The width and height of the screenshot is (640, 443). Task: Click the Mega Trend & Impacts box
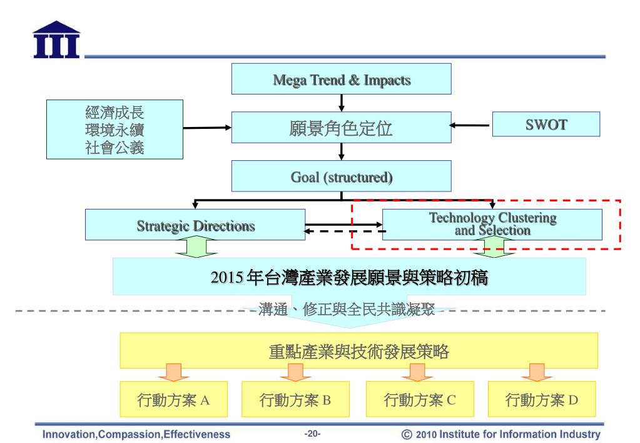coord(342,79)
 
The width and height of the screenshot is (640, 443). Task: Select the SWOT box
coord(546,124)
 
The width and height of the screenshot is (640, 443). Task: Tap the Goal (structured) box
coord(342,176)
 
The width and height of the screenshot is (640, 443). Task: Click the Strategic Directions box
coord(195,226)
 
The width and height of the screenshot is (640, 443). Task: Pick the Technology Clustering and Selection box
coord(492,225)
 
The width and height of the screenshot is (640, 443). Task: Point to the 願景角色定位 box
coord(342,128)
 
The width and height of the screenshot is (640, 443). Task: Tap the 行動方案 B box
coord(295,399)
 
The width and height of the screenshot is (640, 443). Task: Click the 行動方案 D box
coord(542,399)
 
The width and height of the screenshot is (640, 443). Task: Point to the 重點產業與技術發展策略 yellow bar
coord(358,351)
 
